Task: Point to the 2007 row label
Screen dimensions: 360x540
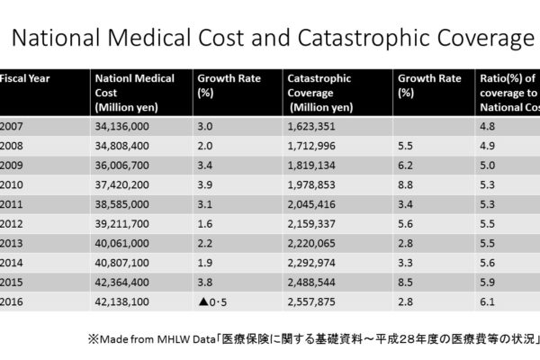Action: point(14,127)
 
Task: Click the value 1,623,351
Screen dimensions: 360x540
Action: point(314,127)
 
